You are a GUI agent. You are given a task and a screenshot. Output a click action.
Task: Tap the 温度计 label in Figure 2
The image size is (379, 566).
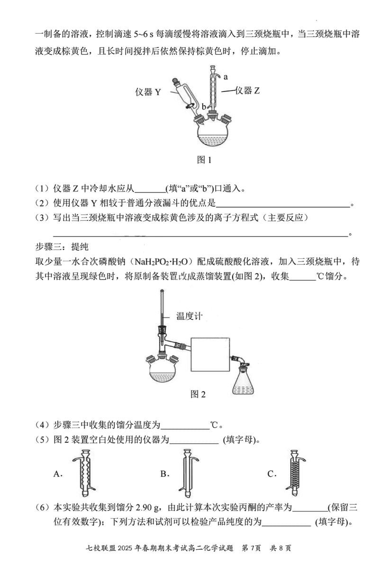189,316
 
